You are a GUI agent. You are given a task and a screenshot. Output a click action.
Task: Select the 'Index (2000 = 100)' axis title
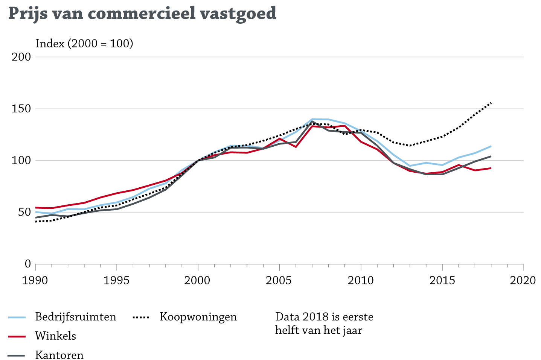pyautogui.click(x=84, y=44)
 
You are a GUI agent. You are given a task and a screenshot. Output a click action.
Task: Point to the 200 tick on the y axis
pyautogui.click(x=22, y=57)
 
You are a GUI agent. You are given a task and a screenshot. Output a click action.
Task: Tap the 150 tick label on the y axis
pyautogui.click(x=22, y=109)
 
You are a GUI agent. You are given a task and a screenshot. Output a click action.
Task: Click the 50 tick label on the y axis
pyautogui.click(x=24, y=213)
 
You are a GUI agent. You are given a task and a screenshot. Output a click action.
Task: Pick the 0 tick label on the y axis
pyautogui.click(x=27, y=264)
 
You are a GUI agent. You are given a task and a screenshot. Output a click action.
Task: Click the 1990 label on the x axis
pyautogui.click(x=35, y=281)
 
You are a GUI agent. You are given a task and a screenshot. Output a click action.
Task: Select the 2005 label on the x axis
pyautogui.click(x=279, y=281)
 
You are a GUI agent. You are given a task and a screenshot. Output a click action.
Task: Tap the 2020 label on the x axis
pyautogui.click(x=523, y=281)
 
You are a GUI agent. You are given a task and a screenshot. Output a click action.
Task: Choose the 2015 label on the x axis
pyautogui.click(x=442, y=281)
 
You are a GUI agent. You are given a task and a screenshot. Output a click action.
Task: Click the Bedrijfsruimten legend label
pyautogui.click(x=76, y=317)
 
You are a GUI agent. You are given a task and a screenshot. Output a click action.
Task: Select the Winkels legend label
pyautogui.click(x=56, y=336)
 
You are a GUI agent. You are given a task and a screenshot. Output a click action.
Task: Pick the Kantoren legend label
pyautogui.click(x=59, y=355)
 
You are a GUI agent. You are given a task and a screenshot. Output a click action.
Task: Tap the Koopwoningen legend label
pyautogui.click(x=198, y=317)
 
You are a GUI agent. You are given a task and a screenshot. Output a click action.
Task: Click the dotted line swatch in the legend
pyautogui.click(x=141, y=317)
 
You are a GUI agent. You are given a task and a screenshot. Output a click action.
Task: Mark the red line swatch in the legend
pyautogui.click(x=17, y=336)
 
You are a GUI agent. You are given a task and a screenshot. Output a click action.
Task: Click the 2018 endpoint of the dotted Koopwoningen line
pyautogui.click(x=491, y=103)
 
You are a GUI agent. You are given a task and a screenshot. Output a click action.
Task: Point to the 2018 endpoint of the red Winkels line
pyautogui.click(x=491, y=168)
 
